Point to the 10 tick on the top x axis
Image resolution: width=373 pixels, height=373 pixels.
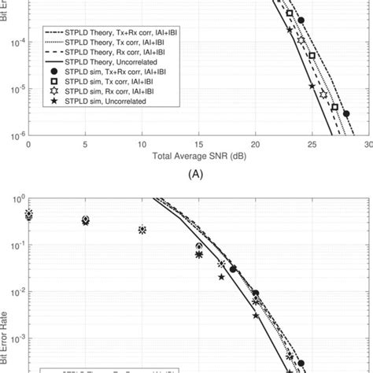pos(142,145)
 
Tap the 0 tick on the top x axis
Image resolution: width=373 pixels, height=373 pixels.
pos(29,145)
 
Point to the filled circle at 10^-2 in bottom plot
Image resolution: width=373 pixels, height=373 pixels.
pos(256,292)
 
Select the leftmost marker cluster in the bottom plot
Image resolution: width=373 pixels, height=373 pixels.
pos(29,215)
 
